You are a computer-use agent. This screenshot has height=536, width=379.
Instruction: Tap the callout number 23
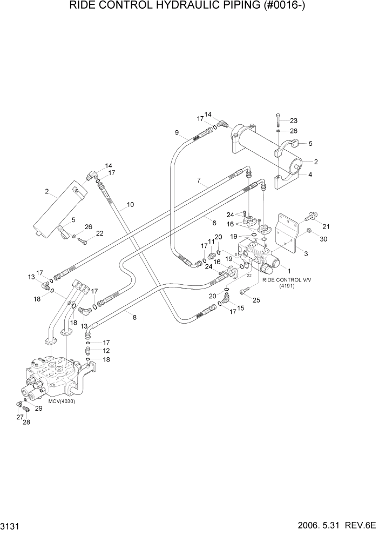(x=294, y=120)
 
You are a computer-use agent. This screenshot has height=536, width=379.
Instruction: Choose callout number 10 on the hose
(x=130, y=205)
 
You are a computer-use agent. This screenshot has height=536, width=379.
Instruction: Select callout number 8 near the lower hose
(x=134, y=318)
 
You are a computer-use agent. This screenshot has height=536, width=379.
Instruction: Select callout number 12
(x=106, y=351)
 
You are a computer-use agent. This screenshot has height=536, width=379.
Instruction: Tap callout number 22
(x=99, y=233)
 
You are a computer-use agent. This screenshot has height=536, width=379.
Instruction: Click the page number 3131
(x=11, y=527)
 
